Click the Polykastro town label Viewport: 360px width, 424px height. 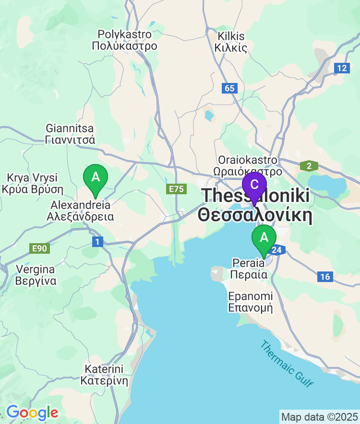[125, 40]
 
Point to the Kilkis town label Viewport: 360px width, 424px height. [231, 42]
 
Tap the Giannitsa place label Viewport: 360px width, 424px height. [70, 134]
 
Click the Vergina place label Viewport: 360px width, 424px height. [36, 275]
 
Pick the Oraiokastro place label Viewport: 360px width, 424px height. [248, 165]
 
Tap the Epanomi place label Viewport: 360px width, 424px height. [250, 302]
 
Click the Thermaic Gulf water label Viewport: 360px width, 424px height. [287, 363]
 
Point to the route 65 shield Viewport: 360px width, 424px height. [230, 88]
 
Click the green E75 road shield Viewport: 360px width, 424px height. [176, 189]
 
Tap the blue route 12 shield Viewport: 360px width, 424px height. [341, 68]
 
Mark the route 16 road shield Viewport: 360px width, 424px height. [325, 277]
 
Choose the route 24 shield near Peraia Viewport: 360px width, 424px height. [277, 249]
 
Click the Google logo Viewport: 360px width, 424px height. [32, 412]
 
